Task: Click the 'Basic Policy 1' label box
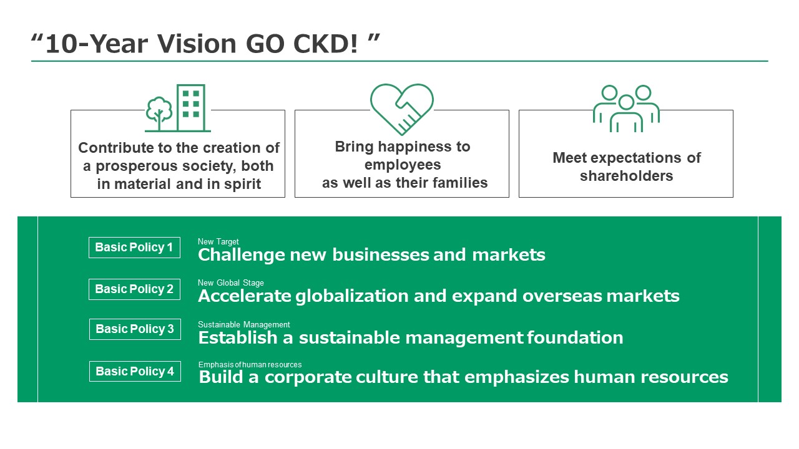134,248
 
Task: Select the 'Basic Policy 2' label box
134,289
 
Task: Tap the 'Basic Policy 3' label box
135,329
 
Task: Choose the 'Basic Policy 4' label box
135,371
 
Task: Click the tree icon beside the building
159,113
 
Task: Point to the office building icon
191,108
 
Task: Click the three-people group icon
626,109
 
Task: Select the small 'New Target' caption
218,241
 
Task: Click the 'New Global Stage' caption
231,282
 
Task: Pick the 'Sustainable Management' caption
244,324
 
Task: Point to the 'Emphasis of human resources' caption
250,365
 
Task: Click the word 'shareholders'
626,176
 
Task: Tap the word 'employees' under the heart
403,165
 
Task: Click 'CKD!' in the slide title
325,44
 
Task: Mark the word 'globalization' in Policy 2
352,296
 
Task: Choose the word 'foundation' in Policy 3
575,337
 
